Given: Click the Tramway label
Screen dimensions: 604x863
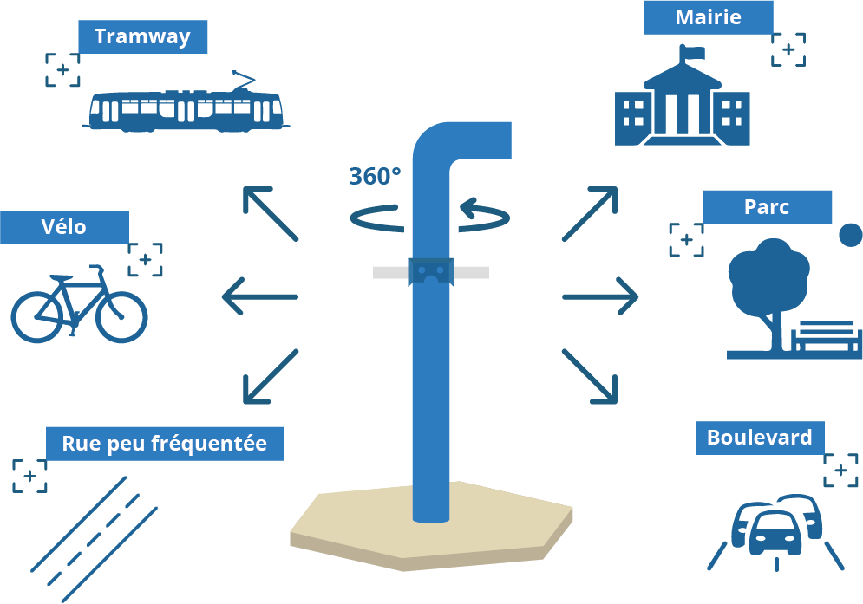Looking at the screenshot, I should coord(142,36).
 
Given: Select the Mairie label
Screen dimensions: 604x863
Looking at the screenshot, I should coord(708,17).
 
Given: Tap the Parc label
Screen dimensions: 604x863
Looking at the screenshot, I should coord(767,207).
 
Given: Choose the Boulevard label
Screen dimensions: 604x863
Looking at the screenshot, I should coord(759,438).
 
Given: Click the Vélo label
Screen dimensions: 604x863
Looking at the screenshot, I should coord(64,227).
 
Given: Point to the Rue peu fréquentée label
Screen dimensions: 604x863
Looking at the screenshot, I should coord(164,444).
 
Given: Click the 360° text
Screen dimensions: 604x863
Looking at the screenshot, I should coord(375,176).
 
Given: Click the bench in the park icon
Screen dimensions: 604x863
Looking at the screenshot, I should coord(826,337).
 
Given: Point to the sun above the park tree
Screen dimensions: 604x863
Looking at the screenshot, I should coord(851,235).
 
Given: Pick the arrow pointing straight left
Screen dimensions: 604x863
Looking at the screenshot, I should coord(260,297).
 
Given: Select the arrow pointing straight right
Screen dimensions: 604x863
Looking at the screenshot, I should coord(600,297).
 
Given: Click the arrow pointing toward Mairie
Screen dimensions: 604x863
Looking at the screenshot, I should coord(590,213).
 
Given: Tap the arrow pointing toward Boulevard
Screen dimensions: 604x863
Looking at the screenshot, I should coord(590,377).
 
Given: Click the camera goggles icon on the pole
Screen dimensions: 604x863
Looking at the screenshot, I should coord(431,271).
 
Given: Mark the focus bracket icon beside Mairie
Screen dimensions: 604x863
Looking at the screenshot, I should coord(788,49).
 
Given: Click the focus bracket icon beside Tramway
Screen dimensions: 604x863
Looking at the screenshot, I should coord(62,70).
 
